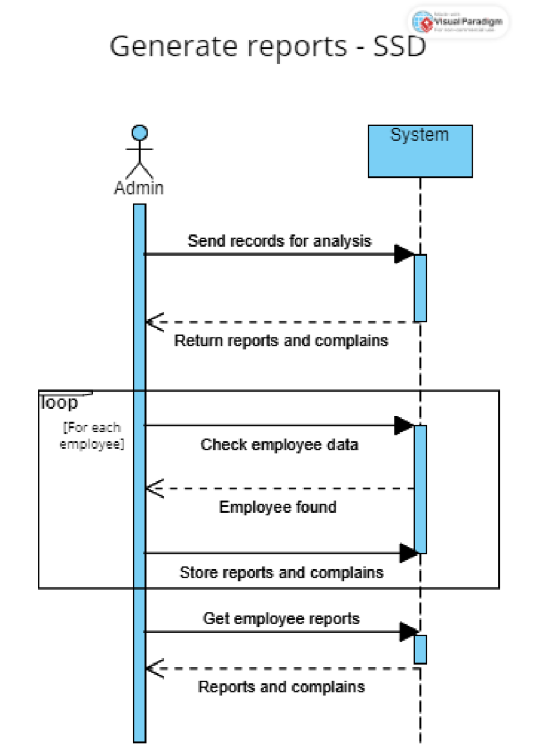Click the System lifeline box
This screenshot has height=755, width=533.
420,151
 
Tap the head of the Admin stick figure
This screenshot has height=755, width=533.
140,133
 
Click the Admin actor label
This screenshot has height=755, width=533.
139,188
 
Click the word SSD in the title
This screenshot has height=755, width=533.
399,46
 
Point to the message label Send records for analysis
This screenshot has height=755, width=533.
279,241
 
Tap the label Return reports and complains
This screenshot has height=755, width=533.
281,341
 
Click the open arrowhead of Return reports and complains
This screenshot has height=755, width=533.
154,322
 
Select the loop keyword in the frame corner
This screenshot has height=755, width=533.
60,402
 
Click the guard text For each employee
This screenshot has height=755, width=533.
91,436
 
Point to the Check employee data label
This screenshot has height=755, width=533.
279,445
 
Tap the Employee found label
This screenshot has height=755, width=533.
278,507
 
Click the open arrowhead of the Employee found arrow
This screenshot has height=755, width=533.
154,489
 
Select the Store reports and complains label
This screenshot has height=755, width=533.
281,573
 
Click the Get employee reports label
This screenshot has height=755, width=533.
281,618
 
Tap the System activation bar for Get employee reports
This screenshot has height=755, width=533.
420,649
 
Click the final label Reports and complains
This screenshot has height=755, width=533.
281,687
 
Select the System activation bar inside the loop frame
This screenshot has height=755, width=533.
420,489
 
